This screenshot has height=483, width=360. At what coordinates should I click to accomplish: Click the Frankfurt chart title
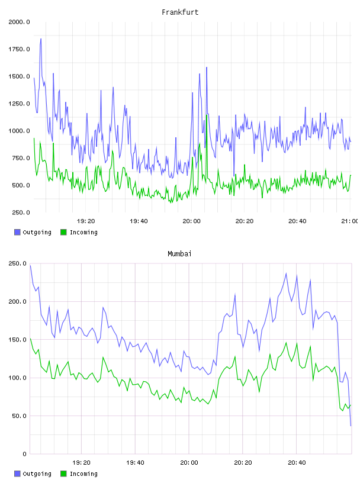[180, 12]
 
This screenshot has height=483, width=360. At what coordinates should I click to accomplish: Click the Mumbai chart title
[179, 254]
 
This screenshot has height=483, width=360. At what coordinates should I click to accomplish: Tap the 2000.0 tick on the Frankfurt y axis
[19, 22]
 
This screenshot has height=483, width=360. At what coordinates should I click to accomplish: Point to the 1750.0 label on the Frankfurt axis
[19, 49]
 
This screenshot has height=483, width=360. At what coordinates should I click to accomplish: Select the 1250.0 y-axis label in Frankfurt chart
[19, 104]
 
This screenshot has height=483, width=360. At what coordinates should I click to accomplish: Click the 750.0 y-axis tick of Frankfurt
[21, 158]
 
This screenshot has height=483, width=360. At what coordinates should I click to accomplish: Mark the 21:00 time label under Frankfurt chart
[349, 221]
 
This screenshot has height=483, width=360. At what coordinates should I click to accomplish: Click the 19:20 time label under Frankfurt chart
[86, 221]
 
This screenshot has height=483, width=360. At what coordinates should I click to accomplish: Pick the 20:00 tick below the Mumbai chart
[189, 463]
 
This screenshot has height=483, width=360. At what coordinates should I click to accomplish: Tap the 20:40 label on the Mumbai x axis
[297, 463]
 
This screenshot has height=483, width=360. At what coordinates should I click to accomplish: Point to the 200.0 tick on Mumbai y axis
[17, 301]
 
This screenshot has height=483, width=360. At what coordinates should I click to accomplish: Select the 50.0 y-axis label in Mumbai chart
[19, 416]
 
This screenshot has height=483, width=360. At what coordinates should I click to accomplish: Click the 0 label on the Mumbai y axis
[25, 454]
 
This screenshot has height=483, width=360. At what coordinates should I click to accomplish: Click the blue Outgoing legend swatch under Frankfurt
[17, 232]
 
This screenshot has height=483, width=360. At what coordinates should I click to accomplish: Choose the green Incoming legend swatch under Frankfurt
[63, 232]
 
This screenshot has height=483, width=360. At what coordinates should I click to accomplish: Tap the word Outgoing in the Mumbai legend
[37, 474]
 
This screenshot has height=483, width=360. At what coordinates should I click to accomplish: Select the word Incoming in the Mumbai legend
[83, 474]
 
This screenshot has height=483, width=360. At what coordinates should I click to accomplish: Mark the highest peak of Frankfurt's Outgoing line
[41, 39]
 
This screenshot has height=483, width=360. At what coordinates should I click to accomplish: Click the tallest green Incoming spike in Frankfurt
[207, 115]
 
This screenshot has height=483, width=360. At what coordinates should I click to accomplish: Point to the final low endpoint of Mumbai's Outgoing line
[351, 426]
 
